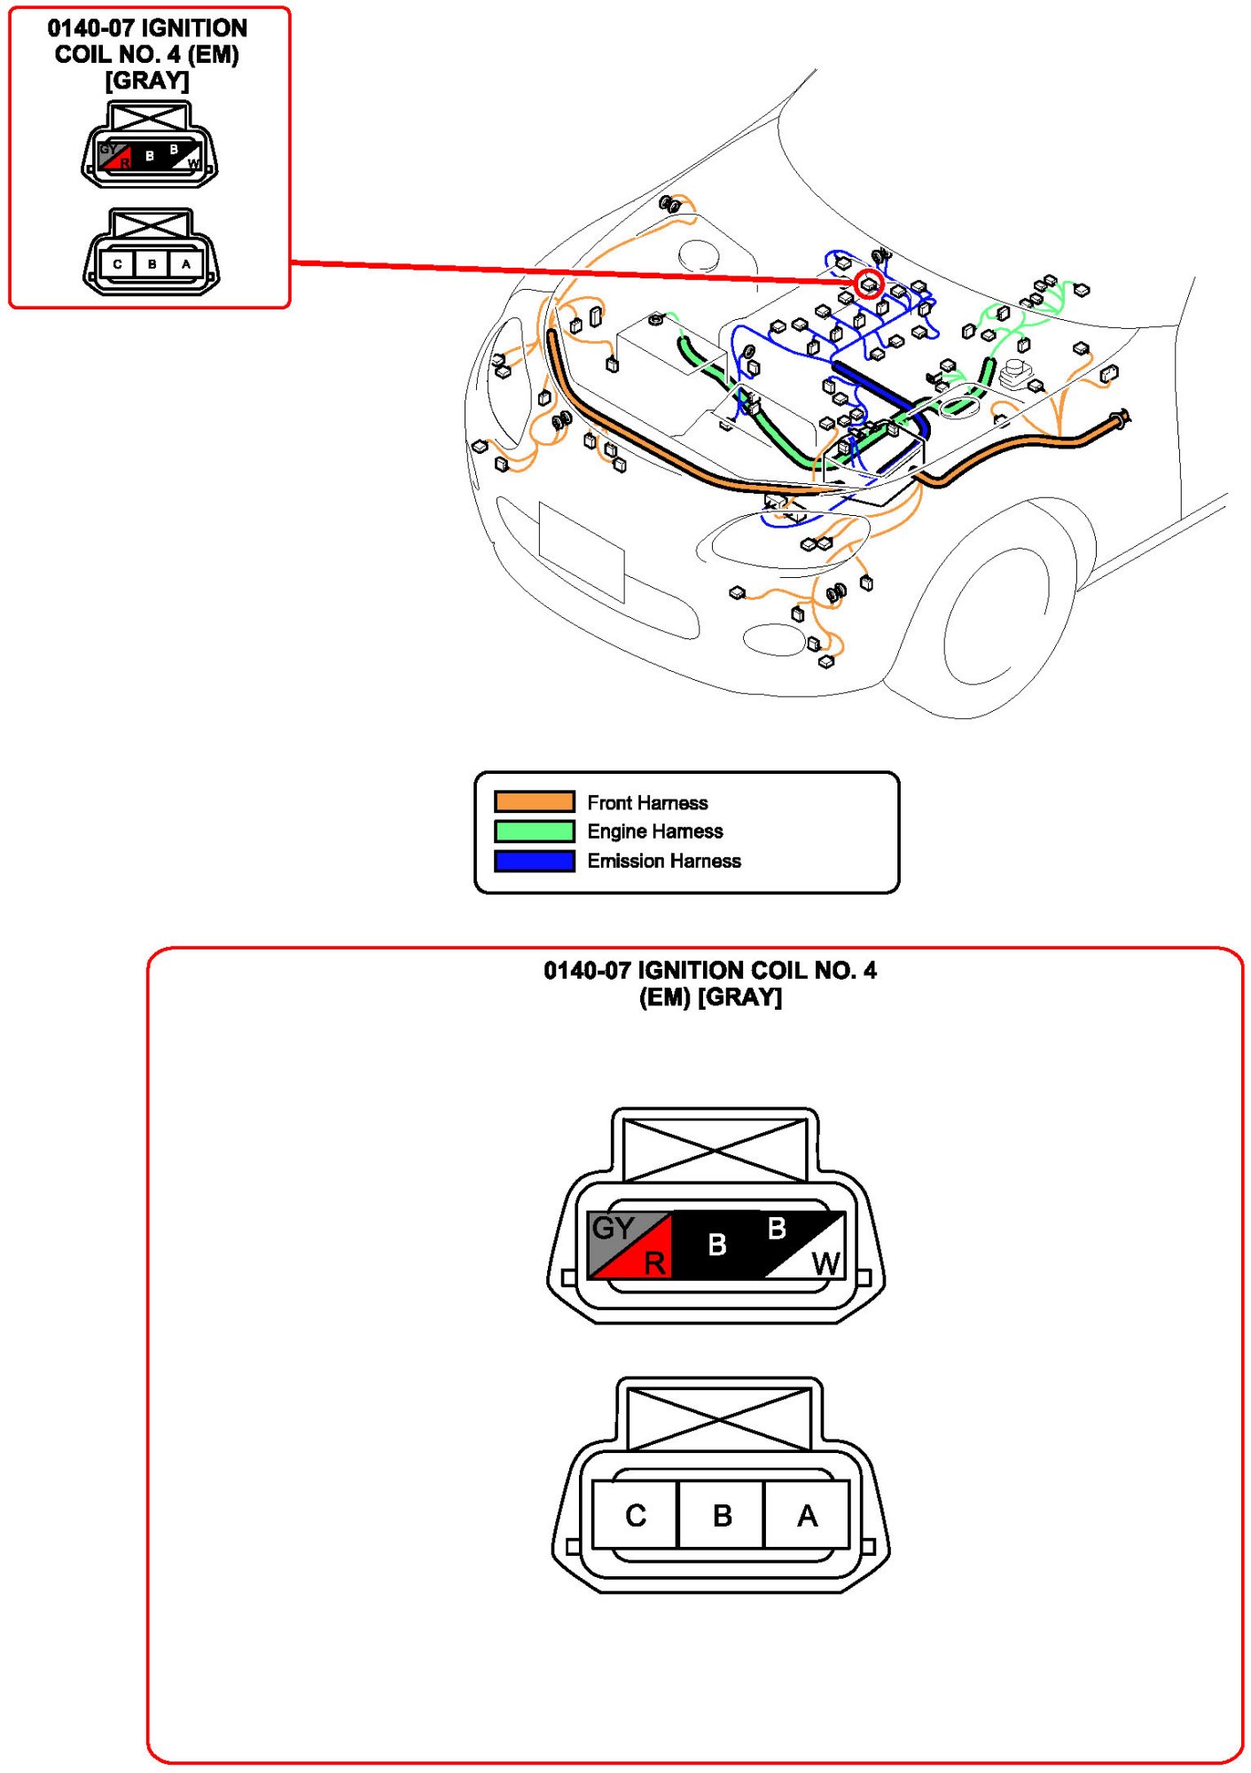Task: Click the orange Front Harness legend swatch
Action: pos(534,801)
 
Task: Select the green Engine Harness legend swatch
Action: pos(534,831)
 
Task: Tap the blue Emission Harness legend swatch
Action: pos(534,860)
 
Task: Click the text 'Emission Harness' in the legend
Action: pos(663,861)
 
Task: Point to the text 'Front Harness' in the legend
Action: pos(647,802)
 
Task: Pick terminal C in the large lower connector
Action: pos(635,1515)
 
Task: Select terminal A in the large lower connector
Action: pos(806,1515)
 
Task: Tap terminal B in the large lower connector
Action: pos(722,1515)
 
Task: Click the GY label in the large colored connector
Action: pos(613,1228)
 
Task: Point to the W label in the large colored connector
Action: pos(825,1263)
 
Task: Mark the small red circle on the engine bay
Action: pos(868,284)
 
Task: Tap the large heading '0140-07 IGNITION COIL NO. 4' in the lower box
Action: pos(709,970)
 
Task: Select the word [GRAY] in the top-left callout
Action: pos(147,81)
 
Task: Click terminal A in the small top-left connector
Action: pos(185,264)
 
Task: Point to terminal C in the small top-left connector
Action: pos(117,264)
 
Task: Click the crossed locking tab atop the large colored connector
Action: pos(715,1150)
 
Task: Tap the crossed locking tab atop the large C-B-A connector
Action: pos(718,1418)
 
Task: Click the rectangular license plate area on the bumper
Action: pos(582,551)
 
